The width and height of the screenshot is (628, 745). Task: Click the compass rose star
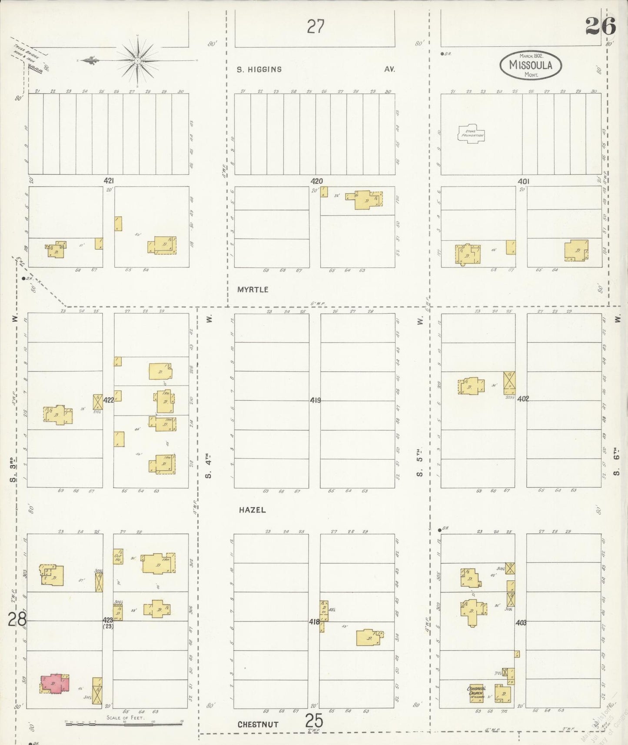pos(137,60)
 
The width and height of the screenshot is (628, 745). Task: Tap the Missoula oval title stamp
pos(530,66)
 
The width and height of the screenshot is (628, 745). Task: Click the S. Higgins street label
pos(259,69)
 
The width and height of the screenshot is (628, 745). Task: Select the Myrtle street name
pos(253,289)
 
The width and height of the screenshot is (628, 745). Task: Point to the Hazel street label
pos(252,510)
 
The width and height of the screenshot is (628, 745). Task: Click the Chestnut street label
pos(258,724)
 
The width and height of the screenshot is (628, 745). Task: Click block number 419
pos(316,400)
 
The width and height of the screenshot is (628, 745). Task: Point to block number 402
pos(523,399)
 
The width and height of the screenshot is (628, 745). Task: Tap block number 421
pos(109,180)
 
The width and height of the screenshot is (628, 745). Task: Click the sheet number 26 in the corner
pos(600,26)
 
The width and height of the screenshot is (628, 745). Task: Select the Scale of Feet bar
pos(123,724)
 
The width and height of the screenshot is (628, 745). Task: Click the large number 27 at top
pos(316,27)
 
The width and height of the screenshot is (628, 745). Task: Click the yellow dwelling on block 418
pos(369,637)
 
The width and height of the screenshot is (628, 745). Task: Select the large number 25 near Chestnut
pos(314,721)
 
